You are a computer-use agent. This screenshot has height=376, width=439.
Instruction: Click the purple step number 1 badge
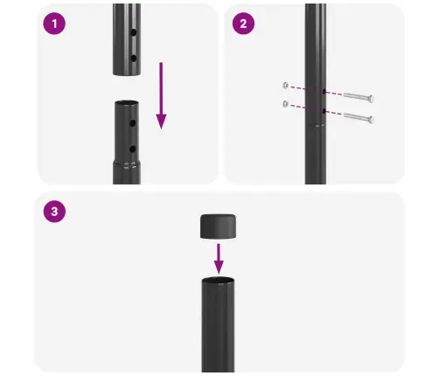55,24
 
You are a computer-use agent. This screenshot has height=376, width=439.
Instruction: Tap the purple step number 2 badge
242,24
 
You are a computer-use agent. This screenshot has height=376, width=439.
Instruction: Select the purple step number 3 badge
55,212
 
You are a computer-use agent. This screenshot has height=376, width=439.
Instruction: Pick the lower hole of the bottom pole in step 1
131,145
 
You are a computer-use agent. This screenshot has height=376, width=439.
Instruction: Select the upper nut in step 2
286,86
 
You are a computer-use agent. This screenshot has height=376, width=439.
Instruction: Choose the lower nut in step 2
286,105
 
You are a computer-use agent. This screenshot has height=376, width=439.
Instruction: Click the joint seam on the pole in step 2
316,126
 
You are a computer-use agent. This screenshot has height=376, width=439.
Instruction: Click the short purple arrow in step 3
219,258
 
